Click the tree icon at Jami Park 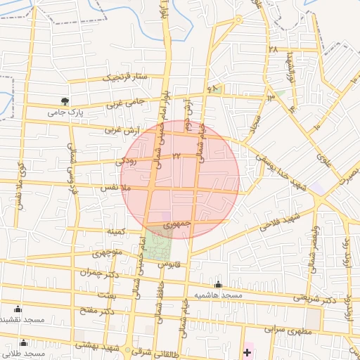[x=65, y=101]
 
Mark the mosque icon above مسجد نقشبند [x=18, y=309]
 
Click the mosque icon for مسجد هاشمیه [x=218, y=285]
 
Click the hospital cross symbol [x=247, y=351]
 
